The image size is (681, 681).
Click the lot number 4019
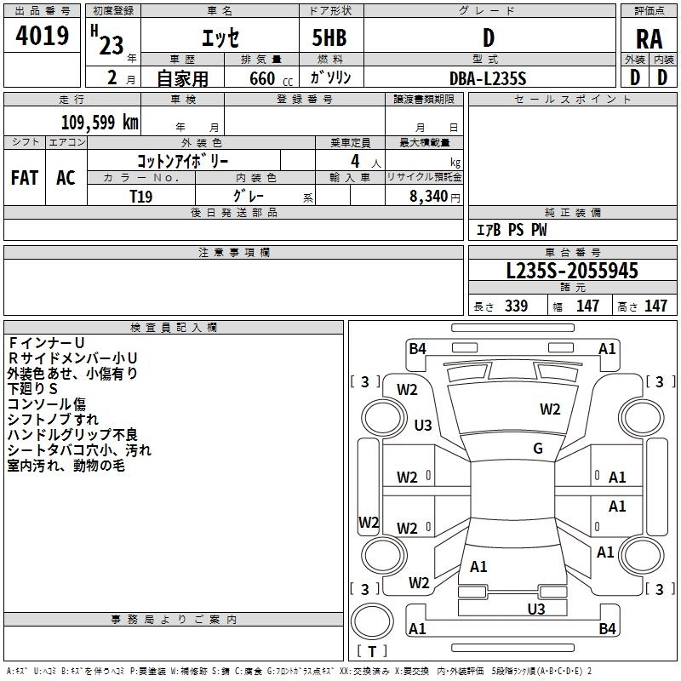pyautogui.click(x=42, y=36)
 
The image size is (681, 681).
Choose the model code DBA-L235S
pyautogui.click(x=488, y=77)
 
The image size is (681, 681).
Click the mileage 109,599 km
pyautogui.click(x=99, y=122)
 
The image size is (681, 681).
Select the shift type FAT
pyautogui.click(x=24, y=177)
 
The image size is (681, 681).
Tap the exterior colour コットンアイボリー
pyautogui.click(x=182, y=160)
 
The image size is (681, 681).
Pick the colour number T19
pyautogui.click(x=141, y=195)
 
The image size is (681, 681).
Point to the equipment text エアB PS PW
pyautogui.click(x=511, y=230)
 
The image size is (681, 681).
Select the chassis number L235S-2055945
pyautogui.click(x=571, y=271)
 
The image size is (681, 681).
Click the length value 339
pyautogui.click(x=516, y=306)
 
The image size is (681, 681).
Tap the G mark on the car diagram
pyautogui.click(x=538, y=449)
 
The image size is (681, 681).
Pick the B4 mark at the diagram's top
pyautogui.click(x=417, y=348)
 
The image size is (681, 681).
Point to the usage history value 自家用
pyautogui.click(x=182, y=77)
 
